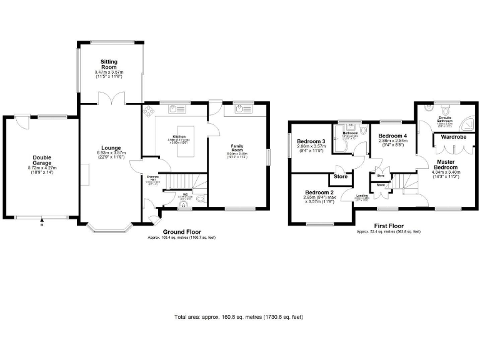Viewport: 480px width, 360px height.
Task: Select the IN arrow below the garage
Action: click(42, 220)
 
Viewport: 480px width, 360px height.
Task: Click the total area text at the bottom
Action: click(239, 317)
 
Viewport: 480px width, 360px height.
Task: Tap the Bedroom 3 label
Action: click(310, 142)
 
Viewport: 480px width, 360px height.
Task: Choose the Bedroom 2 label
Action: click(319, 192)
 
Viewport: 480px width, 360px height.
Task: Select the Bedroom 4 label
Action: click(392, 136)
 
